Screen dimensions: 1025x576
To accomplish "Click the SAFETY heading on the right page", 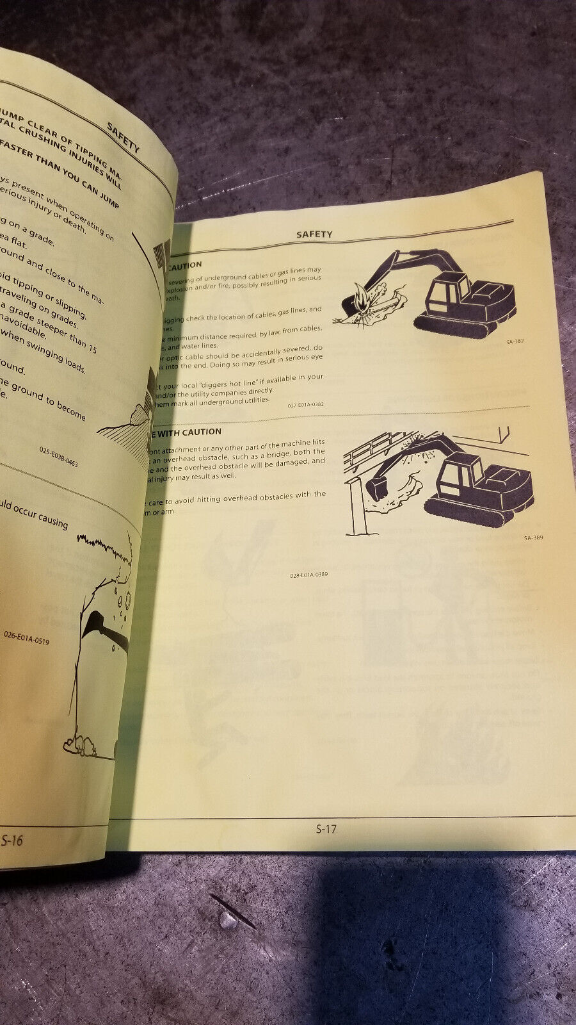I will click(314, 234).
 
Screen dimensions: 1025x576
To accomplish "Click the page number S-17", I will click(326, 829).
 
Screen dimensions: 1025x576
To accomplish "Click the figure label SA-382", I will click(515, 341).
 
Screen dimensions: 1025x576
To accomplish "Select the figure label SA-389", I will click(533, 537).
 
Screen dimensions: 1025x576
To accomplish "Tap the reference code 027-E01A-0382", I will click(305, 405).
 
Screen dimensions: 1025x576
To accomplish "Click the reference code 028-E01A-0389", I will click(308, 575).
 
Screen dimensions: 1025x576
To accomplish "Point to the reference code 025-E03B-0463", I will click(58, 456).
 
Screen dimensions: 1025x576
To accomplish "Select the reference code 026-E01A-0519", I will click(26, 638).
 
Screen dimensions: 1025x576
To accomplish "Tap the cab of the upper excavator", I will click(449, 291).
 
